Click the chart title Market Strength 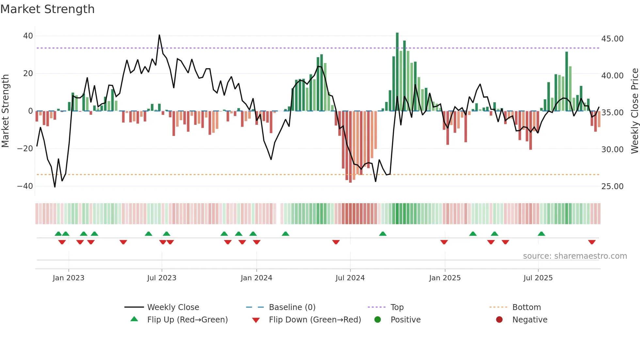[x=47, y=9]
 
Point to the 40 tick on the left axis [x=28, y=36]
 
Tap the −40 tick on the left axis [x=25, y=186]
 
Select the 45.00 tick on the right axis [x=612, y=39]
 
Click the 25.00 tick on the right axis [x=612, y=186]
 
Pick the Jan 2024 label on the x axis [x=256, y=278]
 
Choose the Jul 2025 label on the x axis [x=538, y=278]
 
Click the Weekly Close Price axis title [x=634, y=111]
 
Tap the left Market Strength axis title [x=6, y=111]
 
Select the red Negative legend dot [x=499, y=319]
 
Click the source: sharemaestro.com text [x=575, y=256]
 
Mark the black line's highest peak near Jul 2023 [x=159, y=35]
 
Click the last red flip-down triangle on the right [x=592, y=242]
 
